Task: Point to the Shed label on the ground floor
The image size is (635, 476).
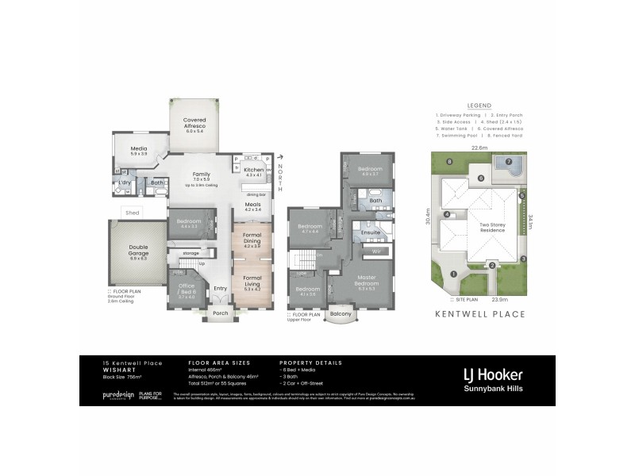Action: pos(133,212)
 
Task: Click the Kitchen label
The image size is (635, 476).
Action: pos(253,171)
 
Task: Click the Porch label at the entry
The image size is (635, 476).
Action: pos(221,313)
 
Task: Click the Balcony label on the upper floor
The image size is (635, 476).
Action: pos(341,314)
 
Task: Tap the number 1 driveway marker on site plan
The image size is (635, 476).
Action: pos(453,274)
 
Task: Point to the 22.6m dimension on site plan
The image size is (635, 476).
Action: pos(479,147)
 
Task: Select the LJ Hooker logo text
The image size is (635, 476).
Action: pos(492,374)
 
